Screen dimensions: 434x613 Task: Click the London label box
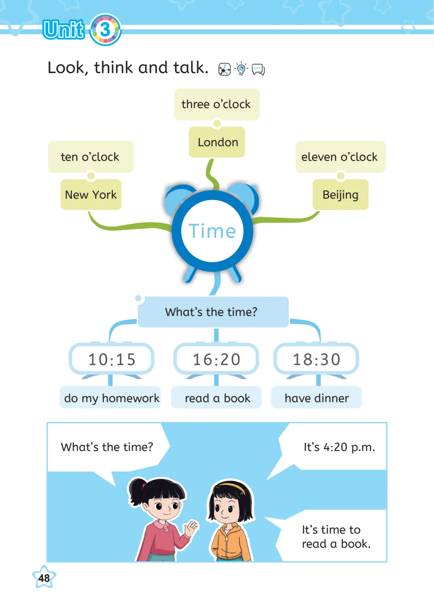(x=217, y=142)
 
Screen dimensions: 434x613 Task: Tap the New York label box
(x=91, y=195)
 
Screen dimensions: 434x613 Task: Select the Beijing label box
(x=340, y=195)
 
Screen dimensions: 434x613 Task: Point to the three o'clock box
(x=217, y=104)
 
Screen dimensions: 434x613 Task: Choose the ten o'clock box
(x=90, y=157)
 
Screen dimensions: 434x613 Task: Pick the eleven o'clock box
(x=340, y=157)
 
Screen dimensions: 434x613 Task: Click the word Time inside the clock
(x=212, y=231)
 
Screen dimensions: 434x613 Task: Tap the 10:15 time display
(x=112, y=359)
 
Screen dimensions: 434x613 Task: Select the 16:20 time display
(x=216, y=359)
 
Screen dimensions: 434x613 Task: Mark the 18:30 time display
(x=317, y=359)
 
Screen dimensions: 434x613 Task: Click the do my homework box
(x=111, y=398)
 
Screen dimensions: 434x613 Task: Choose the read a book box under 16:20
(x=217, y=398)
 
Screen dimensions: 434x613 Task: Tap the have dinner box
(x=317, y=398)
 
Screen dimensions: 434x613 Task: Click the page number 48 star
(x=44, y=578)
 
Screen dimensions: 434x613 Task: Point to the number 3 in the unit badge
(x=105, y=29)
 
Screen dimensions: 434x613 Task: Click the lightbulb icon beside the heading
(x=241, y=69)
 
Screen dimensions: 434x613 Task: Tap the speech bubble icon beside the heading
(x=258, y=69)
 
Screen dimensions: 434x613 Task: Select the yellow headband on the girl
(x=233, y=485)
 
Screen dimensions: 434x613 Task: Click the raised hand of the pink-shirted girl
(x=192, y=528)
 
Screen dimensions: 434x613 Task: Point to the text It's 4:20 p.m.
(x=339, y=447)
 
